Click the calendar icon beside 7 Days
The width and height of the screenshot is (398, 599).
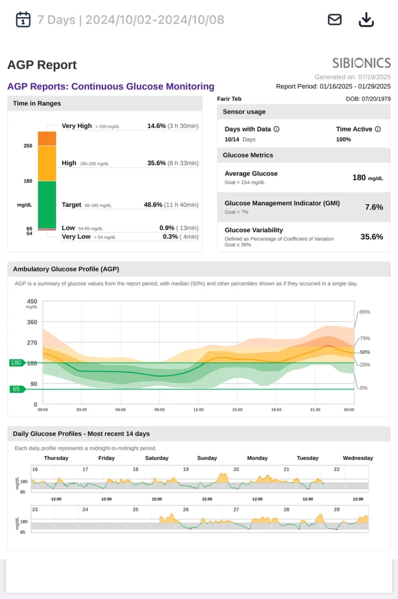click(23, 19)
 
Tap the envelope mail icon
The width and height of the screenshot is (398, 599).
click(334, 19)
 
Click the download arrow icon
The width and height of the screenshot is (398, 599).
click(366, 19)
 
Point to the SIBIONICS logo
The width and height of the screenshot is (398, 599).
click(361, 63)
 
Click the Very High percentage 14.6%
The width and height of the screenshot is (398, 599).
click(156, 126)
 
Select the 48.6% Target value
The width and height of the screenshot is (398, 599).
click(156, 205)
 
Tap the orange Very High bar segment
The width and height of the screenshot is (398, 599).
click(47, 138)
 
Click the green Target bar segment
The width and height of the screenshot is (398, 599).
click(47, 205)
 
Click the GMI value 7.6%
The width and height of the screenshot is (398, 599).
click(373, 207)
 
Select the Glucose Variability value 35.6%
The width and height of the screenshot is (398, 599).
click(372, 237)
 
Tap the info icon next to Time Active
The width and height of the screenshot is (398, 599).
click(378, 129)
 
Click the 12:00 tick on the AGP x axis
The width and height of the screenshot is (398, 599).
click(198, 410)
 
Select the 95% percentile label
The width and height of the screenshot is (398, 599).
click(365, 312)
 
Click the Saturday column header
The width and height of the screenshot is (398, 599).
click(157, 458)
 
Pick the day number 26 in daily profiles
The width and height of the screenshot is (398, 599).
click(186, 510)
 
